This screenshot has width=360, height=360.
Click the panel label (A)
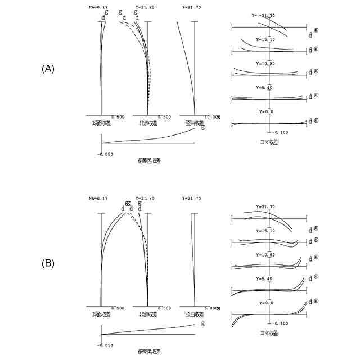click(48, 69)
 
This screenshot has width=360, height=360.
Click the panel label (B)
click(48, 263)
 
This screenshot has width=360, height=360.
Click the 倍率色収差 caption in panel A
click(149, 160)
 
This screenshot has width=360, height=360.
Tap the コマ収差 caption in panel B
click(269, 333)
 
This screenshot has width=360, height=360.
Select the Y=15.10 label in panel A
click(265, 40)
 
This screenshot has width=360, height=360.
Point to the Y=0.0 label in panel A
click(265, 112)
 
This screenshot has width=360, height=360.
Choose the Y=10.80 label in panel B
click(265, 255)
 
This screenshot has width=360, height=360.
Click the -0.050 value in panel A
click(106, 153)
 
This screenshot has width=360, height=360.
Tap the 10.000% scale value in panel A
click(211, 117)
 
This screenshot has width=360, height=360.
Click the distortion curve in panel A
click(186, 62)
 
